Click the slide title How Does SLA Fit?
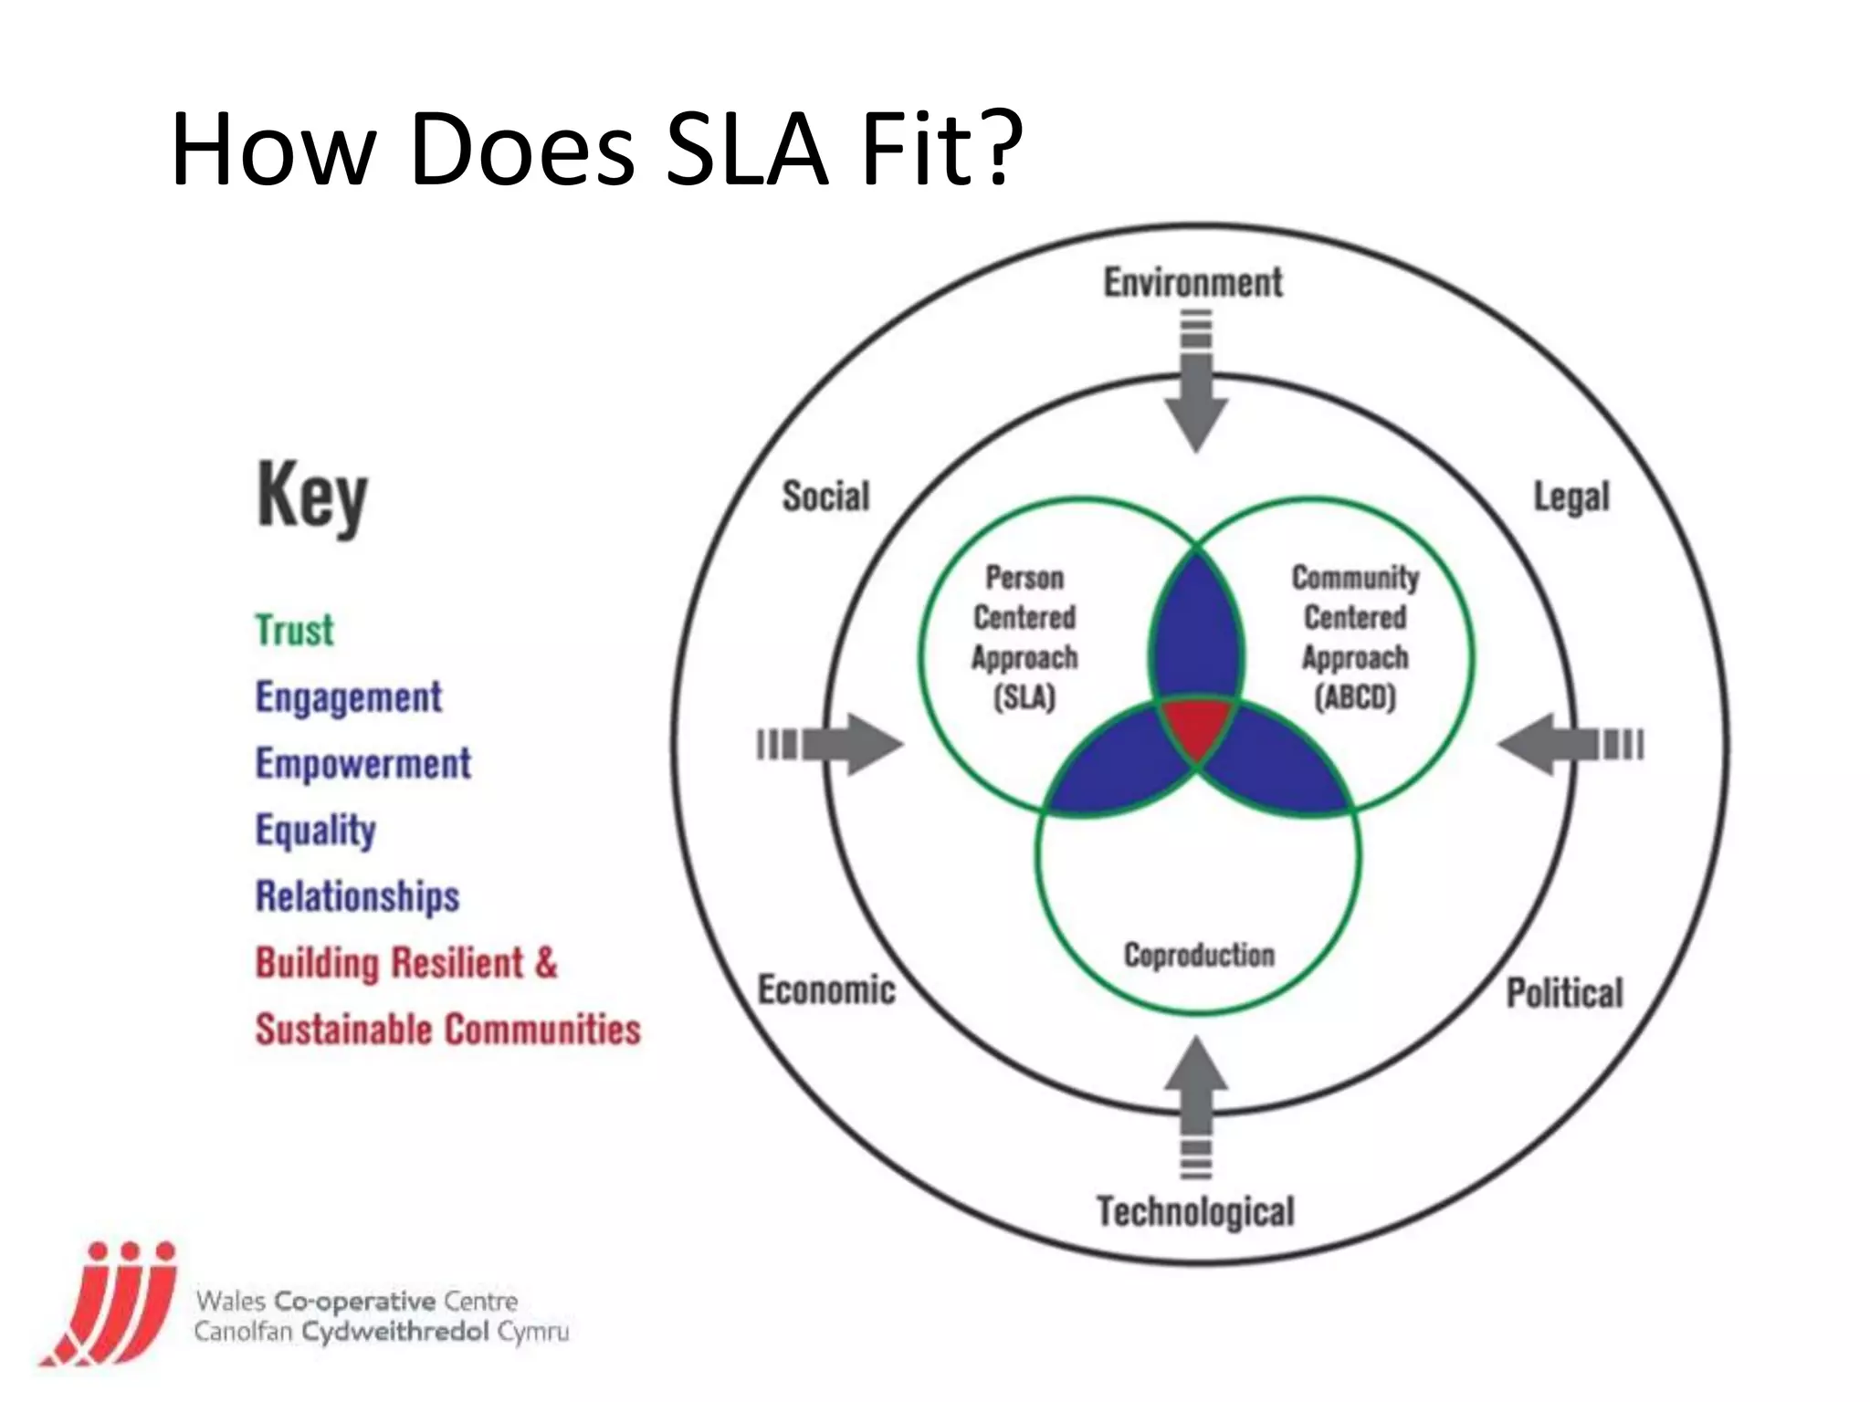[x=595, y=149]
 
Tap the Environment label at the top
[x=1192, y=283]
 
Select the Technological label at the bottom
[x=1195, y=1212]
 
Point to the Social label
[x=825, y=497]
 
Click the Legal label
[x=1571, y=497]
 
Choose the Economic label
[x=826, y=990]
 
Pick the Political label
[x=1564, y=993]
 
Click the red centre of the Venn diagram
[x=1196, y=726]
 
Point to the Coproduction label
[x=1198, y=955]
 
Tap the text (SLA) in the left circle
[x=1024, y=698]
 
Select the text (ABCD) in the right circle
[x=1355, y=698]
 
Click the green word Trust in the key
[x=294, y=631]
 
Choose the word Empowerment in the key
[x=362, y=764]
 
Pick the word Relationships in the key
[x=357, y=896]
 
